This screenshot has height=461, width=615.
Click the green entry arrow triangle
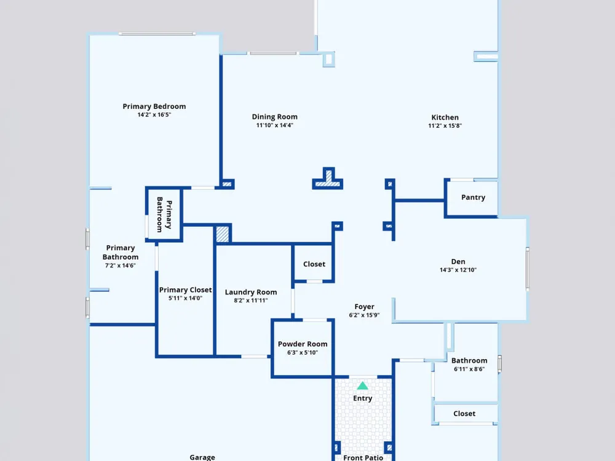coord(362,386)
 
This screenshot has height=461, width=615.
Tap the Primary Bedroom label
coord(154,106)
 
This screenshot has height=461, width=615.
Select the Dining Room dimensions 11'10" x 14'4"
coord(274,125)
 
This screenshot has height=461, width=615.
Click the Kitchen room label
coord(445,117)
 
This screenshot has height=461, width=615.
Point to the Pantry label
coord(473,197)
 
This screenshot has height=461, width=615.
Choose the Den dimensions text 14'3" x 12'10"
coord(458,270)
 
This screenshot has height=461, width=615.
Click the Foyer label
coord(364,307)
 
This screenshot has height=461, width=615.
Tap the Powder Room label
coord(303,344)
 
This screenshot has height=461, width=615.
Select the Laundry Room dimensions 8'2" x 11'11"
coord(251,301)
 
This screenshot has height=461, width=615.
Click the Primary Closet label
coord(186,290)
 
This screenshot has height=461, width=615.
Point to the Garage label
coord(202,457)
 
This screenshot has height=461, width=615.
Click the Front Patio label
coord(363,457)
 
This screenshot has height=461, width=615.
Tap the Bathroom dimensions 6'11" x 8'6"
coord(469,369)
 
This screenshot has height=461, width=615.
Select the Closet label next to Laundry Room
coord(314,264)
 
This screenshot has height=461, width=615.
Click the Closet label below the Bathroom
coord(464,414)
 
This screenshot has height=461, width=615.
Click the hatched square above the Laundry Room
coord(223,234)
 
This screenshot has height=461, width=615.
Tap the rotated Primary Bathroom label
coord(164,215)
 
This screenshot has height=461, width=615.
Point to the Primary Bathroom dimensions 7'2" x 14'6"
coord(121,266)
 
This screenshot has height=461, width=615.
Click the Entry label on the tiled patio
coord(362,398)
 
